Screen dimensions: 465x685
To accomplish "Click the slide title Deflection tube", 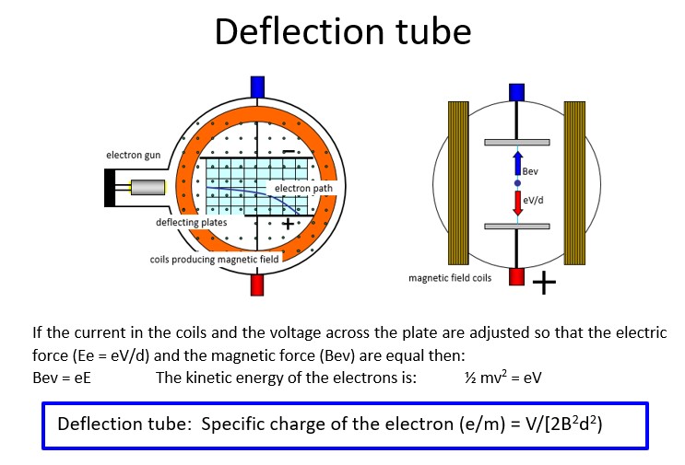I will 342,32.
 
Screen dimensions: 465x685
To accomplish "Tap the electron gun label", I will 133,155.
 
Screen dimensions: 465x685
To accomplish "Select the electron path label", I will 298,189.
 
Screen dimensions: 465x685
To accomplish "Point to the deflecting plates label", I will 191,222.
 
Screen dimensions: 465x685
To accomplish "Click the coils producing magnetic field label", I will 214,260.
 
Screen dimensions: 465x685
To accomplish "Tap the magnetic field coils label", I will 451,277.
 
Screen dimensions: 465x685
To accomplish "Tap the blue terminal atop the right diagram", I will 517,91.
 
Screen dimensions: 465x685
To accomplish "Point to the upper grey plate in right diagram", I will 517,142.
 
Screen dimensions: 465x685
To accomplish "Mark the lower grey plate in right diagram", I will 517,227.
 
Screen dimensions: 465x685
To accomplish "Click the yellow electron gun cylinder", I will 148,188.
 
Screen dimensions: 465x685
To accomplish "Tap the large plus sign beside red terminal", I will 545,284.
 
